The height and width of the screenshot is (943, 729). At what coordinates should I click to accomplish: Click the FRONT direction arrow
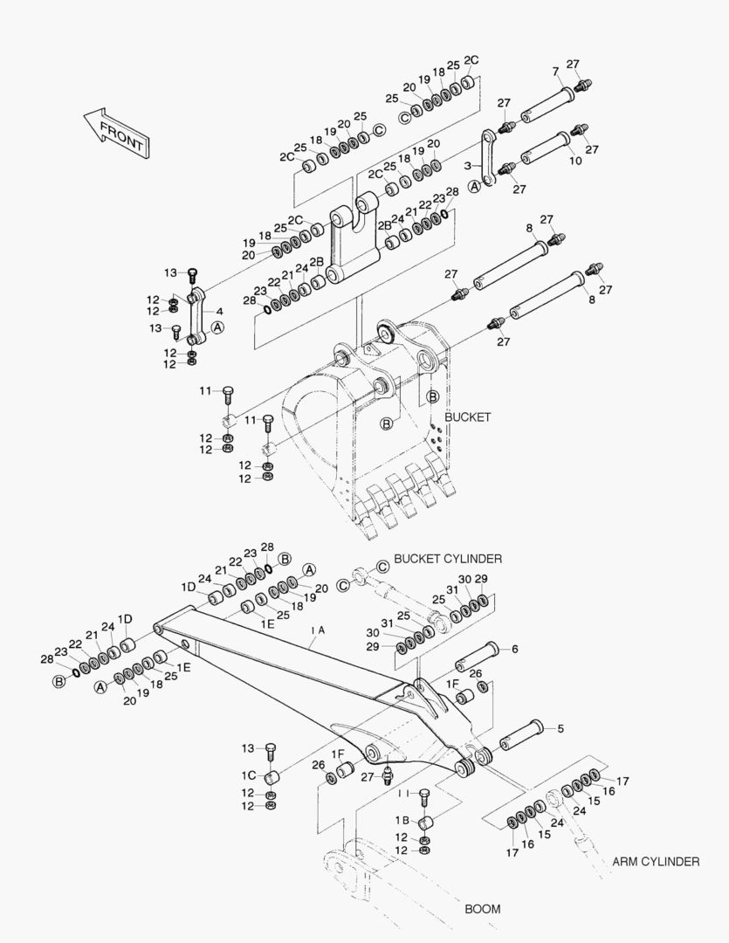click(115, 132)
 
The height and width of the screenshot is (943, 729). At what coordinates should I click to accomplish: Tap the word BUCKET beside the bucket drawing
click(467, 417)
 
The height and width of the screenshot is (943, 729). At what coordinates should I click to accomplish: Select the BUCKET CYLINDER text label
click(448, 558)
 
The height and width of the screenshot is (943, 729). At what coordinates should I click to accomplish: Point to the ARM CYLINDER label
click(655, 862)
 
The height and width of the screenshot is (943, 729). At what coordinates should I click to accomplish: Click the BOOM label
click(482, 909)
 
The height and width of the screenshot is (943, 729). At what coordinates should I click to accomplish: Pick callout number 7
click(555, 71)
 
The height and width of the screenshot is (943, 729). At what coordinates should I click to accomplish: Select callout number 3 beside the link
click(468, 165)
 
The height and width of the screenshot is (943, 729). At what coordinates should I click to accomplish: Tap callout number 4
click(219, 310)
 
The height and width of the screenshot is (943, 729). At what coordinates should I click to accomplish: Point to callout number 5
click(560, 727)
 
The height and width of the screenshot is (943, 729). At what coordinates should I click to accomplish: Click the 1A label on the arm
click(317, 630)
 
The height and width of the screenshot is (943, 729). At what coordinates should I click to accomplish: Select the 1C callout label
click(249, 775)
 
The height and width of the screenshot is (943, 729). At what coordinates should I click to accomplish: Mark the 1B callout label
click(402, 820)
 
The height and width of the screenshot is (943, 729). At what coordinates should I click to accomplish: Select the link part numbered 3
click(489, 157)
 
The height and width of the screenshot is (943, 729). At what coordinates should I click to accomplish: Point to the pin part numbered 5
click(520, 737)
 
